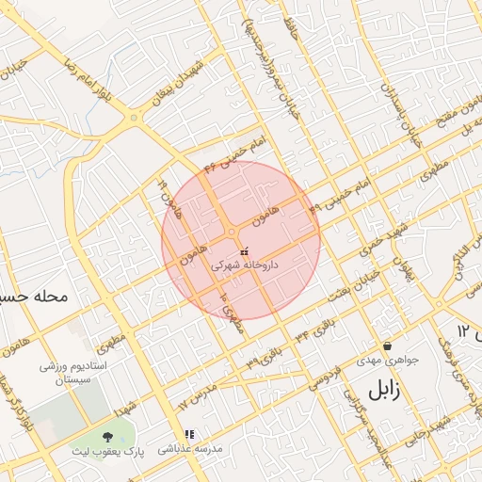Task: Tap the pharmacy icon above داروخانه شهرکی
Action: pyautogui.click(x=245, y=252)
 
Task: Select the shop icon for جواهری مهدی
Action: pyautogui.click(x=387, y=345)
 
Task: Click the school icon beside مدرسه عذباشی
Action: pyautogui.click(x=189, y=435)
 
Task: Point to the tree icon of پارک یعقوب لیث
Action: pyautogui.click(x=107, y=436)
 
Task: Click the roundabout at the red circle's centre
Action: pyautogui.click(x=232, y=232)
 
